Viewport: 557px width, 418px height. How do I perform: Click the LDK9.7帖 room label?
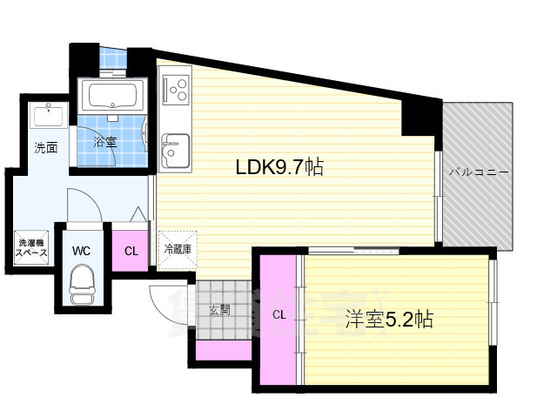pos(279,167)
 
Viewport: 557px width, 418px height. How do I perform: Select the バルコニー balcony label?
pos(480,172)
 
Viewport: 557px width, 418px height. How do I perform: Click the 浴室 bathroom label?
pos(105,142)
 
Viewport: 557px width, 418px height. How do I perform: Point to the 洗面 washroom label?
pos(46,148)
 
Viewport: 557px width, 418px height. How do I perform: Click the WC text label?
pos(82,251)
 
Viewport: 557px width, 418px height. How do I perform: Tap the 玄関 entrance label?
pos(219,310)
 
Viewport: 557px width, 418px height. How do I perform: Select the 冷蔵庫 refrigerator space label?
pos(178,249)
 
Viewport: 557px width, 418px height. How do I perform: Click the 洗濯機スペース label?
pos(31,247)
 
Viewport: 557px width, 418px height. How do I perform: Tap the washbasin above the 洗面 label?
pos(44,115)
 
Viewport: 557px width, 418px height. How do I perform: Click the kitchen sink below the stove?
pos(174,148)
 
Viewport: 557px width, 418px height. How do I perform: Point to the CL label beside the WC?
pos(131,252)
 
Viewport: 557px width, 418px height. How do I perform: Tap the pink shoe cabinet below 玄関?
pos(223,351)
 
